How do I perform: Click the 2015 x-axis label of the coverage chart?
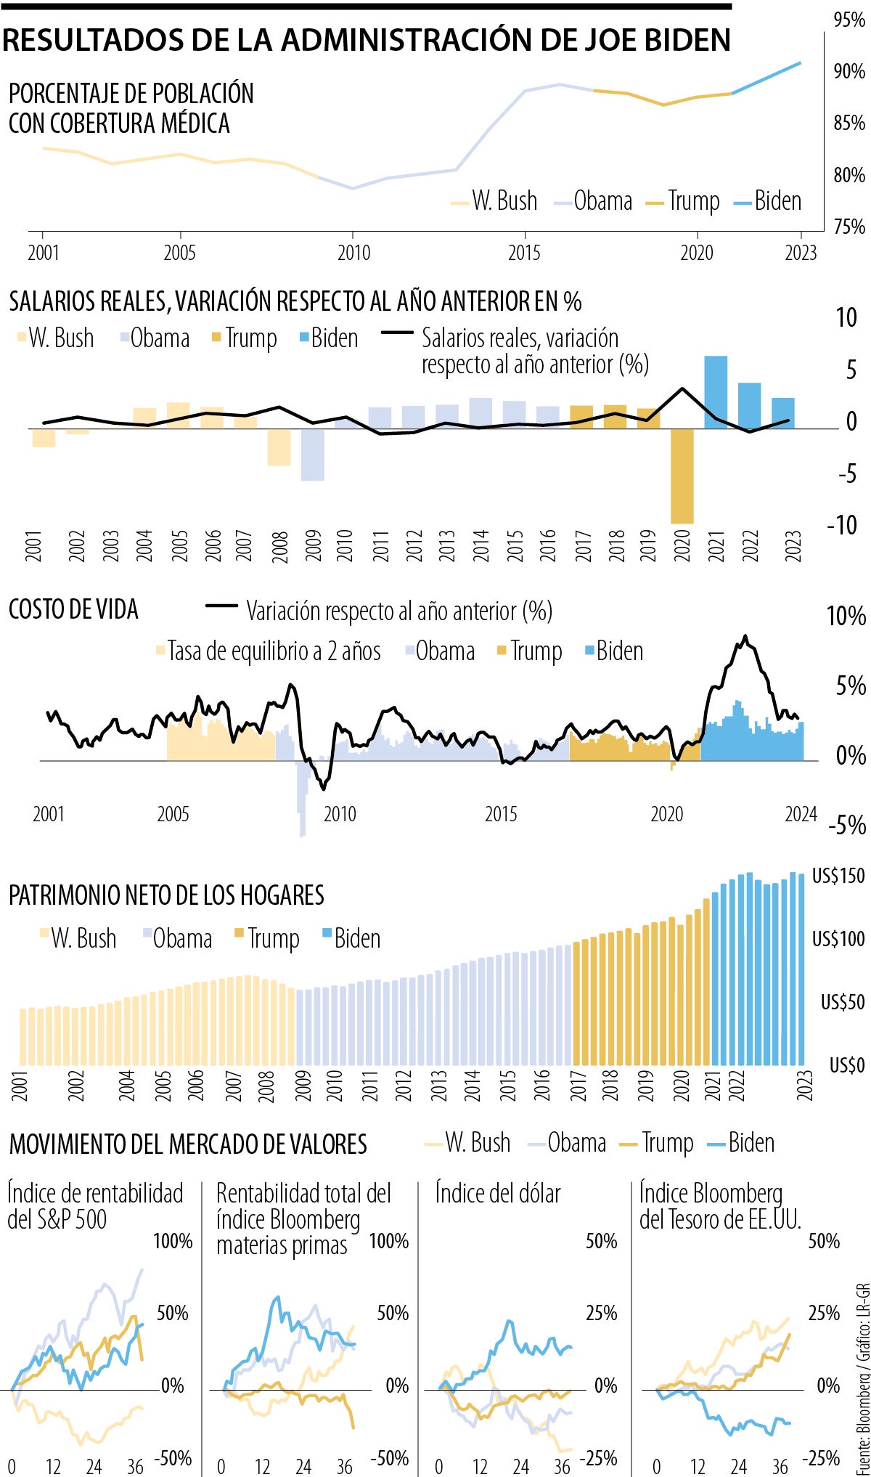coord(524,253)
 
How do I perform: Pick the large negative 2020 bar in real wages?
coord(682,476)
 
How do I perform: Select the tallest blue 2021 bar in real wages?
coord(716,392)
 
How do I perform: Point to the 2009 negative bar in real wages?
coord(313,455)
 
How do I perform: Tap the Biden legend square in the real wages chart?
coord(305,338)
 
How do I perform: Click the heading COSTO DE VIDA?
coord(73,609)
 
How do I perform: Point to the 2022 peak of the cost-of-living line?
coord(745,637)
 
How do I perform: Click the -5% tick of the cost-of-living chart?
coord(847,825)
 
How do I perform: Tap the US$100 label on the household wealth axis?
coord(838,939)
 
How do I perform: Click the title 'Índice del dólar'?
coord(498,1193)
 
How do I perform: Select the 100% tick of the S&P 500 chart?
coord(173,1241)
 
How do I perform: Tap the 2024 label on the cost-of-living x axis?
coord(801,814)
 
